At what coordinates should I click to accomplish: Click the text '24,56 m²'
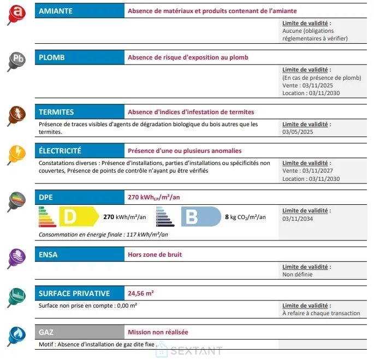141,293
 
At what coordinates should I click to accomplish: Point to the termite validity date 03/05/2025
298,132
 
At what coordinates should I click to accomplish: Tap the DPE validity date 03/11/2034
298,219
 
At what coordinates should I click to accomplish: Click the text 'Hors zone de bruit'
155,255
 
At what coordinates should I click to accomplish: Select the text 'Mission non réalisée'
158,332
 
